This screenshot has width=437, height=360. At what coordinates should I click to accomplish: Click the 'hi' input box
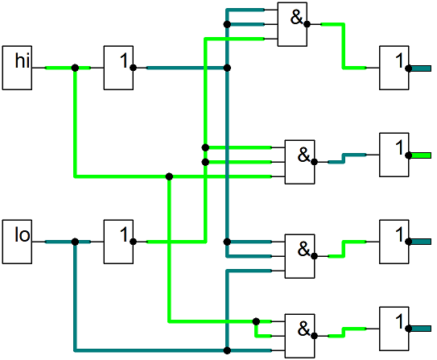point(17,68)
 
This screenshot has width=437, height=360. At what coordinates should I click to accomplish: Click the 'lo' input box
point(17,242)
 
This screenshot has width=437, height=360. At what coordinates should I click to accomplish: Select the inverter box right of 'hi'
point(118,68)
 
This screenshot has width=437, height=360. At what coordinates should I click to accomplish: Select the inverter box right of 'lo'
point(118,242)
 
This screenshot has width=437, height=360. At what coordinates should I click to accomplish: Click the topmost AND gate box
point(292,24)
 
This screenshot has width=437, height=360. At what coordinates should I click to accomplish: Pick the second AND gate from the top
point(299,162)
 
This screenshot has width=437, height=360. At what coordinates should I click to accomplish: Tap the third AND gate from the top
point(299,256)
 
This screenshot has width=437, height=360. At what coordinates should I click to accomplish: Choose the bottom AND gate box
point(299,336)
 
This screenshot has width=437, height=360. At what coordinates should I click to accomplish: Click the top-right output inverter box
point(394,68)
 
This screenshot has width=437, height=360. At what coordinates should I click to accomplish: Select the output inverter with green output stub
point(394,155)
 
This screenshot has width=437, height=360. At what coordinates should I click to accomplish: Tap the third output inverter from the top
point(394,242)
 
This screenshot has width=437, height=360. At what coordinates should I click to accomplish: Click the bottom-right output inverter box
point(394,329)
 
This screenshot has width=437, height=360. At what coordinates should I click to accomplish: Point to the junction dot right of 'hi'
point(75,68)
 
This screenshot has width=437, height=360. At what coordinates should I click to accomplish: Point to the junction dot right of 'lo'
point(75,242)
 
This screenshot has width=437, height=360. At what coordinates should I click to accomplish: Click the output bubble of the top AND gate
point(307,24)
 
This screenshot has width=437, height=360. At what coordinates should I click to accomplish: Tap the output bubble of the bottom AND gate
point(314,336)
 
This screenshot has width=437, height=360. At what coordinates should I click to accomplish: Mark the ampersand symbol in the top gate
point(296,17)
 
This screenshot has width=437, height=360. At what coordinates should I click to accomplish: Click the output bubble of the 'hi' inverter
point(133,68)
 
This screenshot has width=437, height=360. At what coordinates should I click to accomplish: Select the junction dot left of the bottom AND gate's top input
point(256,321)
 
